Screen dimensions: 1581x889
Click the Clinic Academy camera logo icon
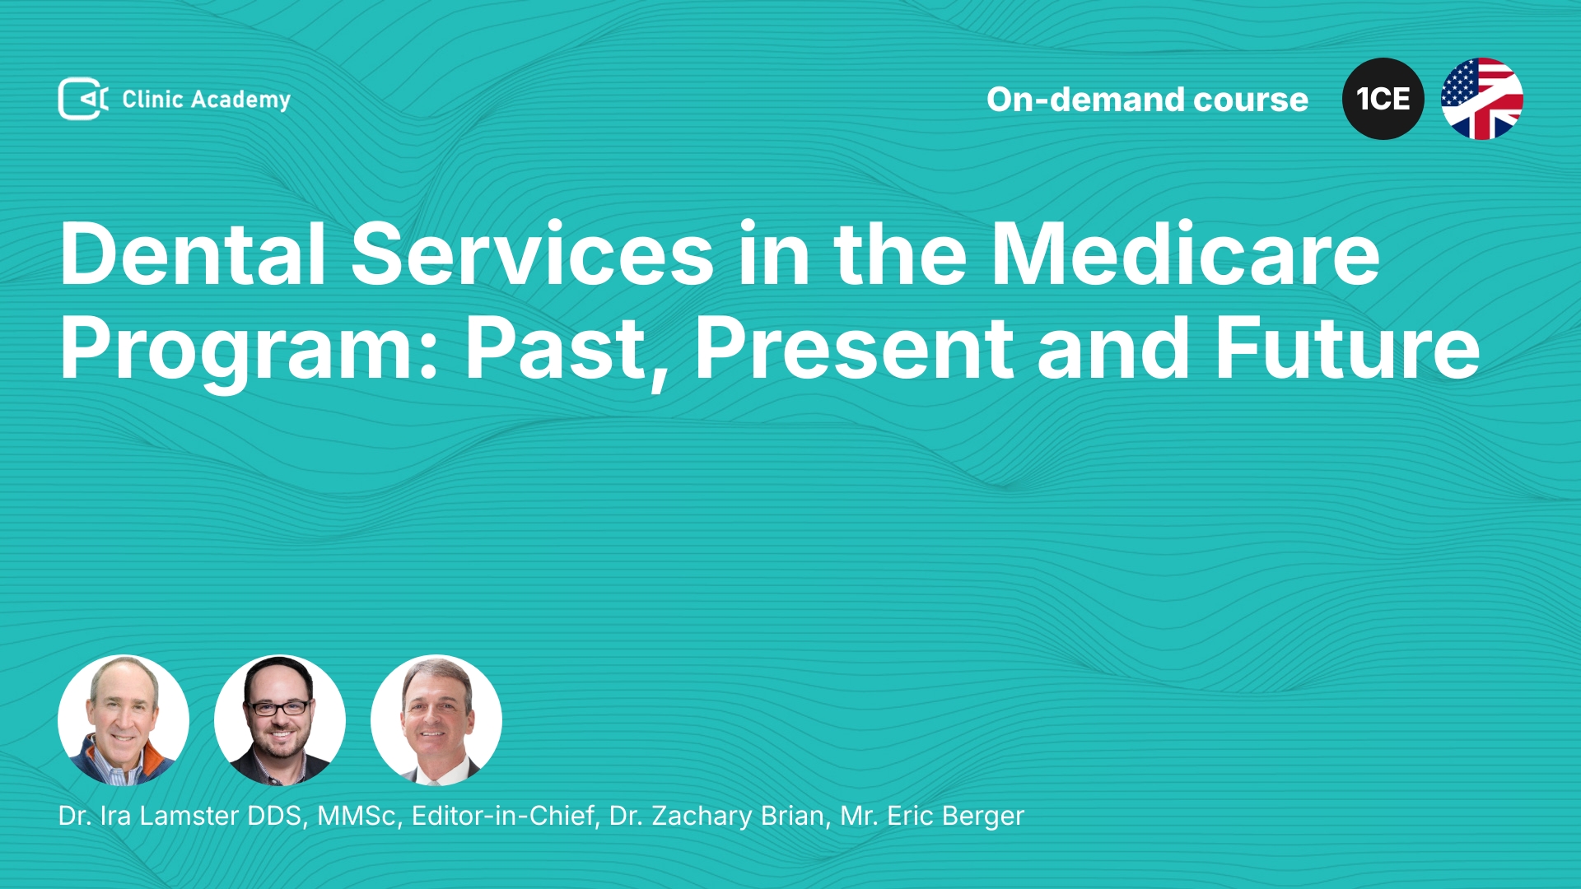(83, 99)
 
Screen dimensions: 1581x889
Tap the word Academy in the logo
(240, 100)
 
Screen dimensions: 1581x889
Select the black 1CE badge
(1383, 99)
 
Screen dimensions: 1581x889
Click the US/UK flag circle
(1482, 99)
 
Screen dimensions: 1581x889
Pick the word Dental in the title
(193, 254)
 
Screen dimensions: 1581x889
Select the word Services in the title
(533, 254)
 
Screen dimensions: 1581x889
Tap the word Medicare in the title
(1186, 254)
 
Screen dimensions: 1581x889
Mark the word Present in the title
(854, 349)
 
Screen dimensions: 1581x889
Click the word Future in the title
(1348, 349)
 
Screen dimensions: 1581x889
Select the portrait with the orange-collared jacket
(124, 720)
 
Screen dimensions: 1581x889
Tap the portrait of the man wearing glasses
(280, 720)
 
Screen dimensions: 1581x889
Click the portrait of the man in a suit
(436, 720)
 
